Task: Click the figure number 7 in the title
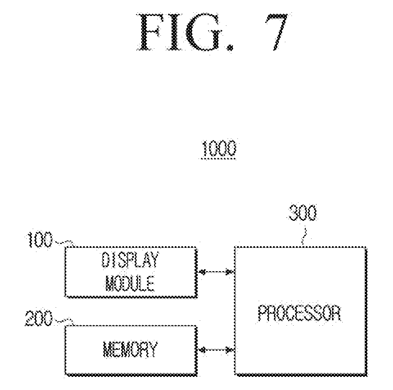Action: click(276, 32)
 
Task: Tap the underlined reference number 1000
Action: click(219, 150)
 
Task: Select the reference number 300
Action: click(303, 213)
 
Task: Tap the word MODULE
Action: click(130, 283)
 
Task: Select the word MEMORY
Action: click(130, 349)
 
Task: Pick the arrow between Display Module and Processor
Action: click(216, 272)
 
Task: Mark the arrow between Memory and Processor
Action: click(216, 349)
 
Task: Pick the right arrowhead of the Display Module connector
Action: click(230, 272)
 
